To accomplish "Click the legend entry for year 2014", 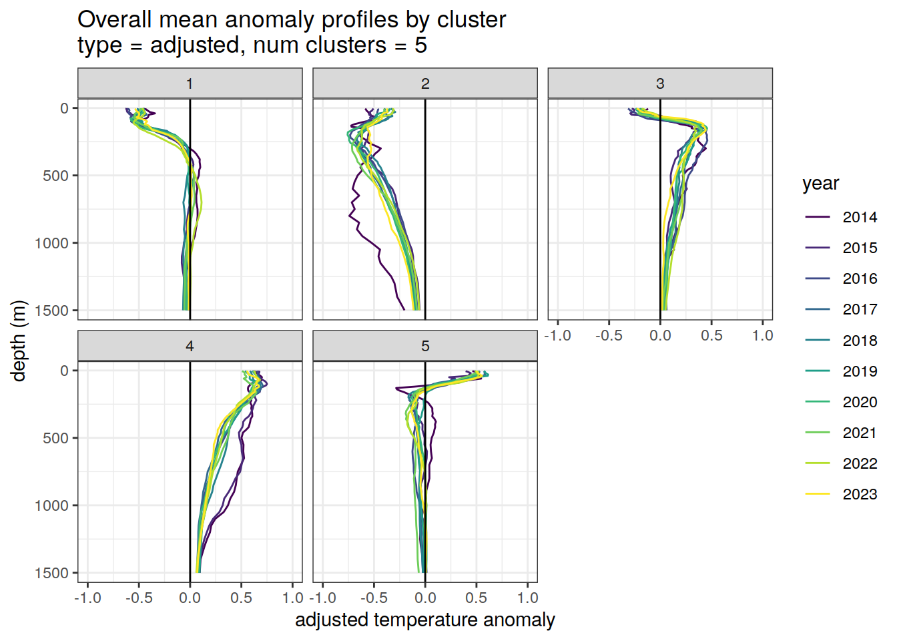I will point(859,217).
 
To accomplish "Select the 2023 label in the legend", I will point(859,494).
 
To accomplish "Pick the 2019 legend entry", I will point(859,371).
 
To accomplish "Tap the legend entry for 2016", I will point(859,278).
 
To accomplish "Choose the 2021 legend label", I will point(859,433).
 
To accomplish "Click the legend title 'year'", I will point(820,184).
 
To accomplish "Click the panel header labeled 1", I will point(190,83).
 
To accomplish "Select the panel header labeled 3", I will point(660,83).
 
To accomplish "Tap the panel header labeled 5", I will point(425,346).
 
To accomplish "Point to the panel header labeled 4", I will point(190,346).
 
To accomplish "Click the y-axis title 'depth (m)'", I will point(19,341).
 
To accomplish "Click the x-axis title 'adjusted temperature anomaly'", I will point(425,620).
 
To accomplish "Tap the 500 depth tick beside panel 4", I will point(56,438).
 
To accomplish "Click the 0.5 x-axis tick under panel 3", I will point(711,335).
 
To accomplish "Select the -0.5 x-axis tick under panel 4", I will point(139,598).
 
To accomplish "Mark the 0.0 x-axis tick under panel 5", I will point(425,598).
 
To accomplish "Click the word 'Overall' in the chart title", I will point(115,20).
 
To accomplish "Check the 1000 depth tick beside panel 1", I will point(52,243).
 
